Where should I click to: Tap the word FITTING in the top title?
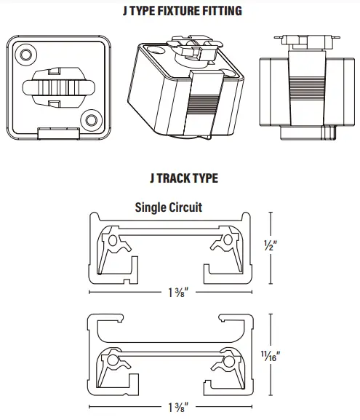tap(221, 11)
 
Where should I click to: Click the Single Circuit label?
tap(169, 207)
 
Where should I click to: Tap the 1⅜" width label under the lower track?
tap(174, 405)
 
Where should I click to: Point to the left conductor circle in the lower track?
tap(113, 360)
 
